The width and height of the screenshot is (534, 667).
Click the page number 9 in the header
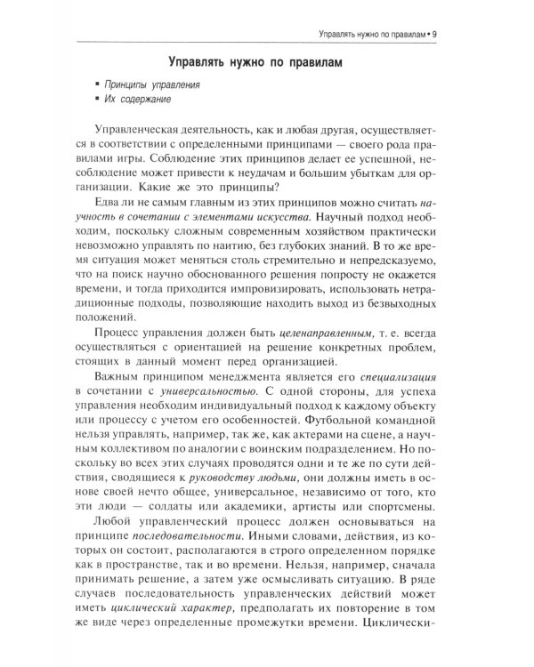tap(456, 35)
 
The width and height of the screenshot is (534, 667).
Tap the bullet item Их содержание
tap(138, 100)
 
